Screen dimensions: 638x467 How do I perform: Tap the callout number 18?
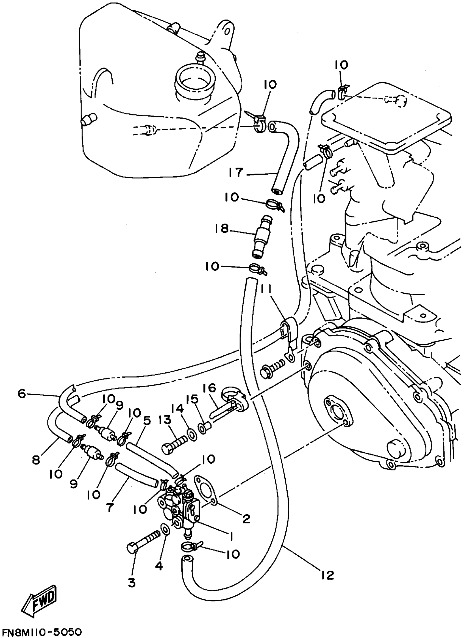click(x=221, y=229)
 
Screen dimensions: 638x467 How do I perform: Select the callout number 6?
click(x=21, y=394)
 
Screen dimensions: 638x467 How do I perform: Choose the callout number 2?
click(x=246, y=518)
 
